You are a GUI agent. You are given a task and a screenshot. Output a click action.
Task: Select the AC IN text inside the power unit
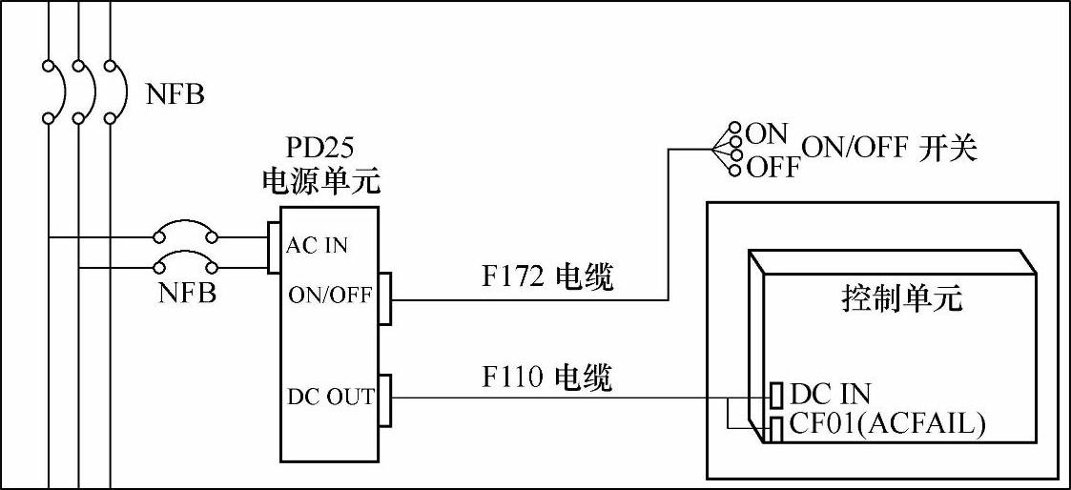click(x=317, y=246)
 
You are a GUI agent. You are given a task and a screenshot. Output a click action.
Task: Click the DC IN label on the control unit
click(x=831, y=393)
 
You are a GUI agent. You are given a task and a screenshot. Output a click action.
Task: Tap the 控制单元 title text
click(x=902, y=299)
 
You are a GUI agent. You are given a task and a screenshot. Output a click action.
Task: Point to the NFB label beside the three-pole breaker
click(x=175, y=94)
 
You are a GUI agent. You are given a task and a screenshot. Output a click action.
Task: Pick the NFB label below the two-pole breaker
click(x=187, y=293)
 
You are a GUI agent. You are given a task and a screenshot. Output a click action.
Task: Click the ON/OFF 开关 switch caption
click(x=889, y=149)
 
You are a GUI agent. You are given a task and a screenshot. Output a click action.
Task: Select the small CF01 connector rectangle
click(x=777, y=428)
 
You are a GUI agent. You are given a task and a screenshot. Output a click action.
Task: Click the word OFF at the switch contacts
click(x=772, y=169)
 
